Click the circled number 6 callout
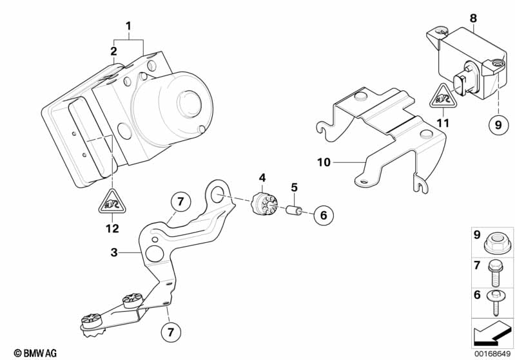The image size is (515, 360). [x=324, y=215]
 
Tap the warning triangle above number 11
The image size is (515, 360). [x=443, y=97]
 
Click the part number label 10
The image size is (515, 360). [x=324, y=162]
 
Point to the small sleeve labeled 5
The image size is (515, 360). [x=295, y=210]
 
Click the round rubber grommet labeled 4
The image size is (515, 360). [x=264, y=204]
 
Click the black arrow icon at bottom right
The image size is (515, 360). [x=491, y=333]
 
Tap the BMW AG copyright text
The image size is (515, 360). [x=35, y=353]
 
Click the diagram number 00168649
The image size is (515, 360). [x=492, y=354]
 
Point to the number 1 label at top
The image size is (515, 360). [x=128, y=26]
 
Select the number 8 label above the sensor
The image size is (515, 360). [x=473, y=18]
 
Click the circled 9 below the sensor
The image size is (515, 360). [x=498, y=125]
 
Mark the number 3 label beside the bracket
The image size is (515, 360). [x=114, y=252]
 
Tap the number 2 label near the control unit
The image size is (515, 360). [x=113, y=52]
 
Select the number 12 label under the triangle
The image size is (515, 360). [x=112, y=229]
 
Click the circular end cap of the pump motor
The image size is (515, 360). [x=189, y=104]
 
